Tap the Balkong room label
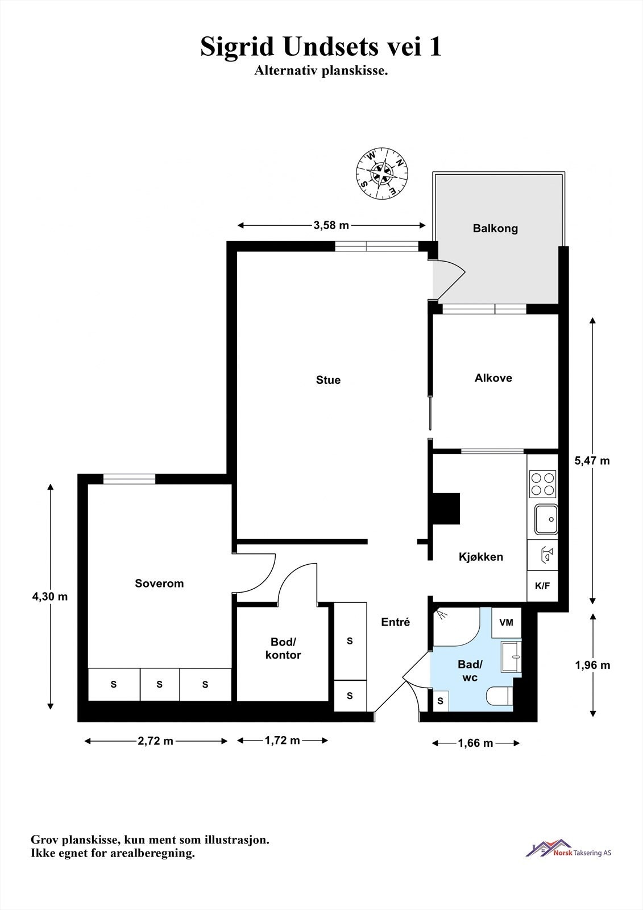tap(495, 229)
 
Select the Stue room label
tap(328, 380)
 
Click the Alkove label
tap(493, 378)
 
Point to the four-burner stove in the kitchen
tap(542, 484)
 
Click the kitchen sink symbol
tap(546, 519)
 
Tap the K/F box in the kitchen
tap(542, 585)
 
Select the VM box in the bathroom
tap(506, 622)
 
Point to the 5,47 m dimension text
tap(592, 461)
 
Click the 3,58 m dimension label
tap(331, 225)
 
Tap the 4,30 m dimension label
tap(50, 597)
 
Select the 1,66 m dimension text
tap(475, 743)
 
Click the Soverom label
tap(159, 584)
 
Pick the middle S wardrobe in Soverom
tap(160, 684)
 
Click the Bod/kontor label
tap(283, 648)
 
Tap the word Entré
tap(395, 622)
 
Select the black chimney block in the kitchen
tap(446, 508)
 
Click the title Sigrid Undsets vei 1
tap(321, 47)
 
